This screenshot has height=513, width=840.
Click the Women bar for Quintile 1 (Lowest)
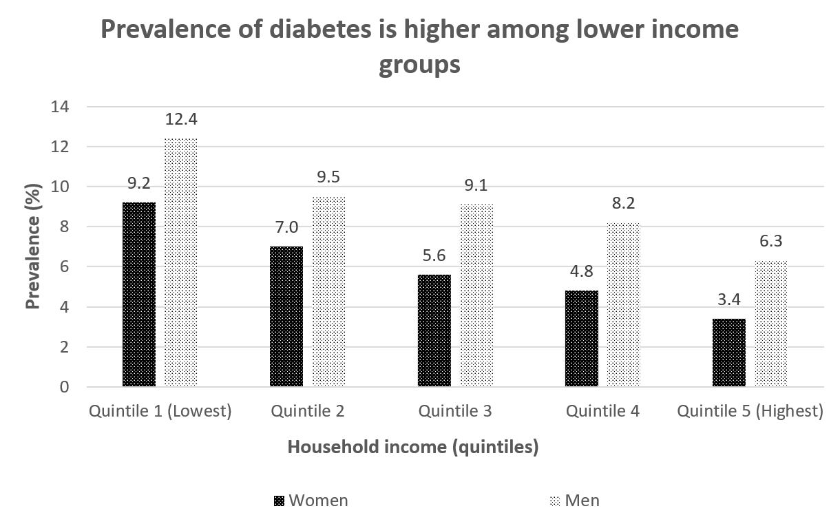[139, 294]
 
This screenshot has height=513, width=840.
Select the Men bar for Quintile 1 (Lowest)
[180, 262]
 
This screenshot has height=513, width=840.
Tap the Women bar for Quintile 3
[434, 331]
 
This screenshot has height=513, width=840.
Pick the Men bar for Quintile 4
[623, 304]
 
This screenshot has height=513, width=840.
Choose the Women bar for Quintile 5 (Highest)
[729, 352]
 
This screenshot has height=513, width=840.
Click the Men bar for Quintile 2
[328, 291]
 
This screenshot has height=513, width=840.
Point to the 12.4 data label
[181, 119]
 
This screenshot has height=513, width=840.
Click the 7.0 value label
[286, 227]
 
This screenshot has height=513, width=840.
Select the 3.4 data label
[729, 299]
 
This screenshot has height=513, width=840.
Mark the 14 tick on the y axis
[60, 107]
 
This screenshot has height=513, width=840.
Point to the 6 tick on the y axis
[64, 266]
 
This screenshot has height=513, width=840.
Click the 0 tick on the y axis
[64, 387]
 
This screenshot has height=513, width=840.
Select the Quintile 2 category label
[308, 411]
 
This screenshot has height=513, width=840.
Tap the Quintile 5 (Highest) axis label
[750, 411]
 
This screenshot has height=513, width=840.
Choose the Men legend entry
[582, 500]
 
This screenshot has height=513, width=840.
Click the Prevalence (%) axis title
[32, 247]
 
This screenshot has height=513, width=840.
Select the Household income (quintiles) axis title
[412, 447]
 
